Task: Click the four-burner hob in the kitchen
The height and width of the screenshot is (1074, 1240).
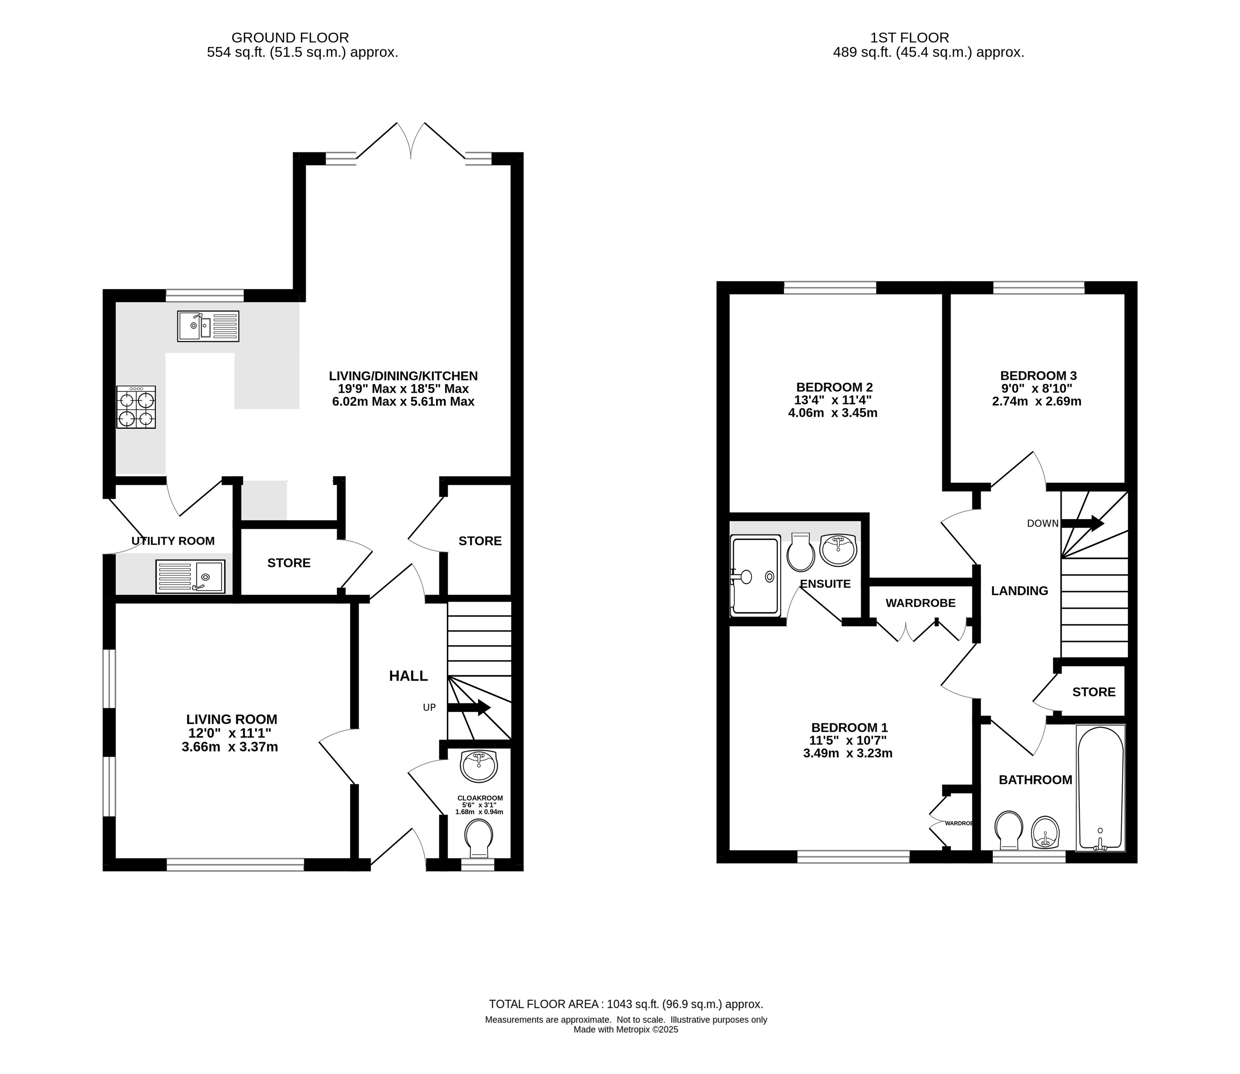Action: pos(136,407)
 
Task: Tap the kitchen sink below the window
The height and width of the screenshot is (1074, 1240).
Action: pos(208,326)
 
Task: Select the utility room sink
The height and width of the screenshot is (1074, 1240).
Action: pos(190,577)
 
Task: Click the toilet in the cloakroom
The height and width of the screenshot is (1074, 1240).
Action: pos(478,838)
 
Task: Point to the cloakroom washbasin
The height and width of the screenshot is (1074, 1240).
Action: pos(479,766)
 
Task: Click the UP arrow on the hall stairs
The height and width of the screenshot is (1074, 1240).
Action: pos(469,708)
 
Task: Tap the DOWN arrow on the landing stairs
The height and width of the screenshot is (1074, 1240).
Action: pos(1082,523)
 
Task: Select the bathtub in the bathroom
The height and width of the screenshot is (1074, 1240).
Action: pos(1100,787)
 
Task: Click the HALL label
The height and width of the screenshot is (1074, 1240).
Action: pos(408,676)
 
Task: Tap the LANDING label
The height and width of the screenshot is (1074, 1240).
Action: pos(1019,591)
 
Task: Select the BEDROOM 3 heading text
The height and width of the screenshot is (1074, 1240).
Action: pos(1038,376)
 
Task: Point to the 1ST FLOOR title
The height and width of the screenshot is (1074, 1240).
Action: pos(910,38)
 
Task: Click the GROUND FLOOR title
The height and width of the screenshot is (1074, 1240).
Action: pos(290,38)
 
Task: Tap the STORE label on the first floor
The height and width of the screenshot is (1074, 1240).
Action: pos(1094,692)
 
